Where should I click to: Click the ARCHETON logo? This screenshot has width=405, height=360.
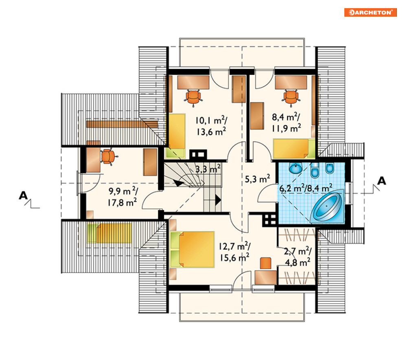[x=370, y=12]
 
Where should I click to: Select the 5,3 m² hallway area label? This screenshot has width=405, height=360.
[x=257, y=179]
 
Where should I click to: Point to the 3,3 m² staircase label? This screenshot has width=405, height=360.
[x=208, y=169]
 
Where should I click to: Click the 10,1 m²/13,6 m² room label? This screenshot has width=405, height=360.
[x=211, y=126]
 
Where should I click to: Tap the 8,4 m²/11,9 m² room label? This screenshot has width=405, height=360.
[x=286, y=123]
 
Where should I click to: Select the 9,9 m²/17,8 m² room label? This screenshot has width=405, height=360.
[x=123, y=197]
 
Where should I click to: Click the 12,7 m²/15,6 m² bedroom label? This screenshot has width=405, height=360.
[x=234, y=252]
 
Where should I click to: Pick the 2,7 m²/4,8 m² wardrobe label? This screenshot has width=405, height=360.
[x=298, y=257]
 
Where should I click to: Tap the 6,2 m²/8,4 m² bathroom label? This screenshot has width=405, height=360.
[x=306, y=188]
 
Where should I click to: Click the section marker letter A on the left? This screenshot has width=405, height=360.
[x=23, y=195]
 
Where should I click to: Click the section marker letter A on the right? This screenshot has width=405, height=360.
[x=381, y=181]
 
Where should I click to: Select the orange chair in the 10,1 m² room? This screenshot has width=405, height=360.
[x=193, y=97]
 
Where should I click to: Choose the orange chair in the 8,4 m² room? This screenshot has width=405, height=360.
[x=291, y=97]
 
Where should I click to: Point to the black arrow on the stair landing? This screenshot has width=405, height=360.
[x=218, y=200]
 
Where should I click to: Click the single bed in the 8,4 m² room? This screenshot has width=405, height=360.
[x=294, y=149]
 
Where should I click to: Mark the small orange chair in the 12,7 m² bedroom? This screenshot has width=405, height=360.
[x=265, y=263]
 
